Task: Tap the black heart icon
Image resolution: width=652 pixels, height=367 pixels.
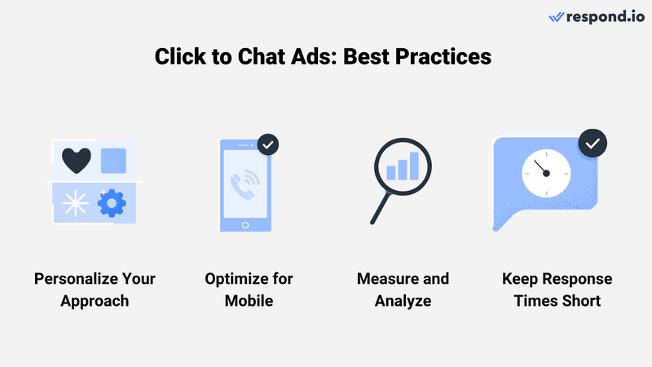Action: (x=76, y=160)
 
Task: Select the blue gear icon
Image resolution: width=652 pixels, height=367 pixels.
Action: (x=112, y=202)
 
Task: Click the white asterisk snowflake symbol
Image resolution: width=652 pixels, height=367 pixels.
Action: (x=76, y=203)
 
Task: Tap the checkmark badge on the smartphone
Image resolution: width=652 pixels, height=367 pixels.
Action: (x=268, y=144)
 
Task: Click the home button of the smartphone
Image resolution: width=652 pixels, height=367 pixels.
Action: (x=244, y=223)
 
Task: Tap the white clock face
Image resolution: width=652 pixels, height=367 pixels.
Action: (x=545, y=173)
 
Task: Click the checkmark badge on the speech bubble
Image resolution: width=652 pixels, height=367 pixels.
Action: (x=593, y=144)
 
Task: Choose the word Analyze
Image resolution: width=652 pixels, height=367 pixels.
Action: (x=403, y=301)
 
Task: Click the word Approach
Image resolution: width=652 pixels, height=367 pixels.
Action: (x=95, y=301)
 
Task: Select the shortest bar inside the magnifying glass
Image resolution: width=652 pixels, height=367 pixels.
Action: (x=391, y=172)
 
